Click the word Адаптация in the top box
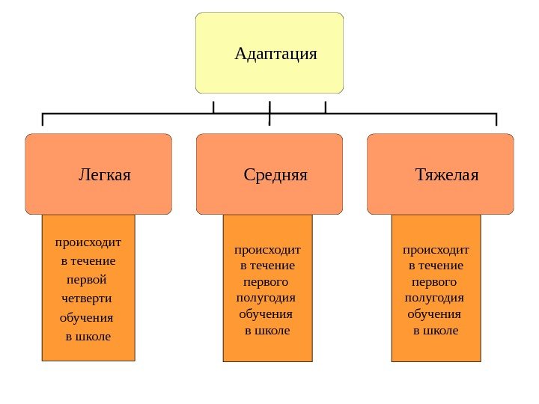pyautogui.click(x=275, y=54)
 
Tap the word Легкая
pyautogui.click(x=105, y=175)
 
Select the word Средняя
pyautogui.click(x=275, y=175)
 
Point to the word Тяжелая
pyautogui.click(x=447, y=175)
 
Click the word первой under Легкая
pyautogui.click(x=87, y=280)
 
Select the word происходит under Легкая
pyautogui.click(x=88, y=242)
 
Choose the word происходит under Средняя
pyautogui.click(x=267, y=249)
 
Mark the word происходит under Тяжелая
pyautogui.click(x=436, y=249)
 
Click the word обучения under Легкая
pyautogui.click(x=86, y=317)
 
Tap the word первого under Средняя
pyautogui.click(x=267, y=282)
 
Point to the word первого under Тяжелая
pyautogui.click(x=435, y=282)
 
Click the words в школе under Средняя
pyautogui.click(x=267, y=330)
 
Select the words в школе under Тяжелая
pyautogui.click(x=436, y=330)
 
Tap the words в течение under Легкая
pyautogui.click(x=88, y=261)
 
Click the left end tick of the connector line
pyautogui.click(x=43, y=120)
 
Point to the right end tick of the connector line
pyautogui.click(x=496, y=120)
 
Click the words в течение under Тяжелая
pyautogui.click(x=436, y=266)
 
